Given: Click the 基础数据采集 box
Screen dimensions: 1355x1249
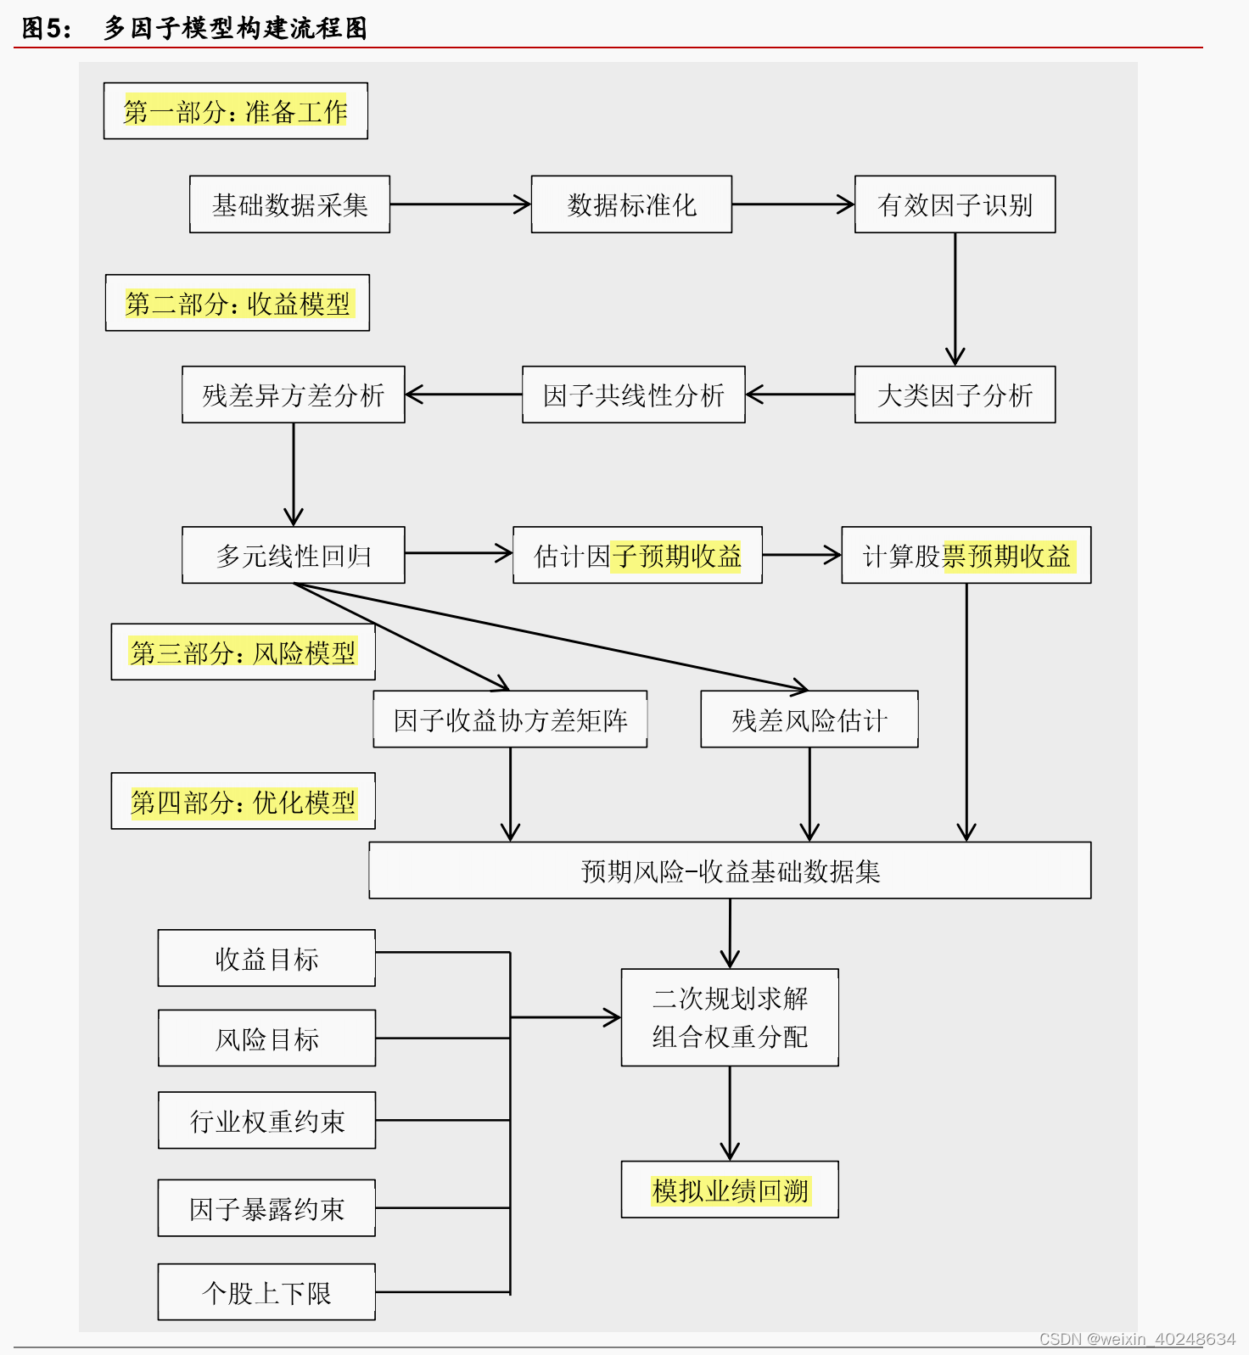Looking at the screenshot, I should (289, 204).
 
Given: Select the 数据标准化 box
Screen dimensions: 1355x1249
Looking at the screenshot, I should (631, 204).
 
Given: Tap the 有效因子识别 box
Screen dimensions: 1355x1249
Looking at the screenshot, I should (955, 204).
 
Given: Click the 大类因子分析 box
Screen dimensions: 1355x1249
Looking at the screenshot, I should (955, 395).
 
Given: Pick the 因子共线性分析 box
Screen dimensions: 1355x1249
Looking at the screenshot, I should (633, 395).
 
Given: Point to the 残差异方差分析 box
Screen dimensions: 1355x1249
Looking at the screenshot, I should (293, 395).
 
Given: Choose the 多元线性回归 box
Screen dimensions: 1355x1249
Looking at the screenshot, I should (293, 555).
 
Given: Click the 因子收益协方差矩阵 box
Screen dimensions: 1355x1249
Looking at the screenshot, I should (510, 719).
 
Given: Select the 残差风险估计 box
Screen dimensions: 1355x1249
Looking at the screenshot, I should (809, 719).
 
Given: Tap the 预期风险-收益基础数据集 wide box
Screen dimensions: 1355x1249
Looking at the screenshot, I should (730, 871).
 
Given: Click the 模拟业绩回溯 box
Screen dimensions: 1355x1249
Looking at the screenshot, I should (730, 1190).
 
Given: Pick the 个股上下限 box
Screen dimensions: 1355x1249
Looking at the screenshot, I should (266, 1292).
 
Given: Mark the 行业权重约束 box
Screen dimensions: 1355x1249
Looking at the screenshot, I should (266, 1121).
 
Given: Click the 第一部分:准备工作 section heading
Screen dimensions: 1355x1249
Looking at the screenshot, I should (235, 111).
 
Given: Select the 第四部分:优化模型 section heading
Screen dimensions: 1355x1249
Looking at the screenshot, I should (243, 801).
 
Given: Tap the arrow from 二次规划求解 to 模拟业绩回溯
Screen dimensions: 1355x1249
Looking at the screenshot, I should (730, 1113).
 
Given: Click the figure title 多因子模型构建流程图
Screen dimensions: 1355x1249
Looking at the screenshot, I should (235, 28).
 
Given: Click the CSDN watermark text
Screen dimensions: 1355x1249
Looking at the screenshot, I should (1137, 1339).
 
